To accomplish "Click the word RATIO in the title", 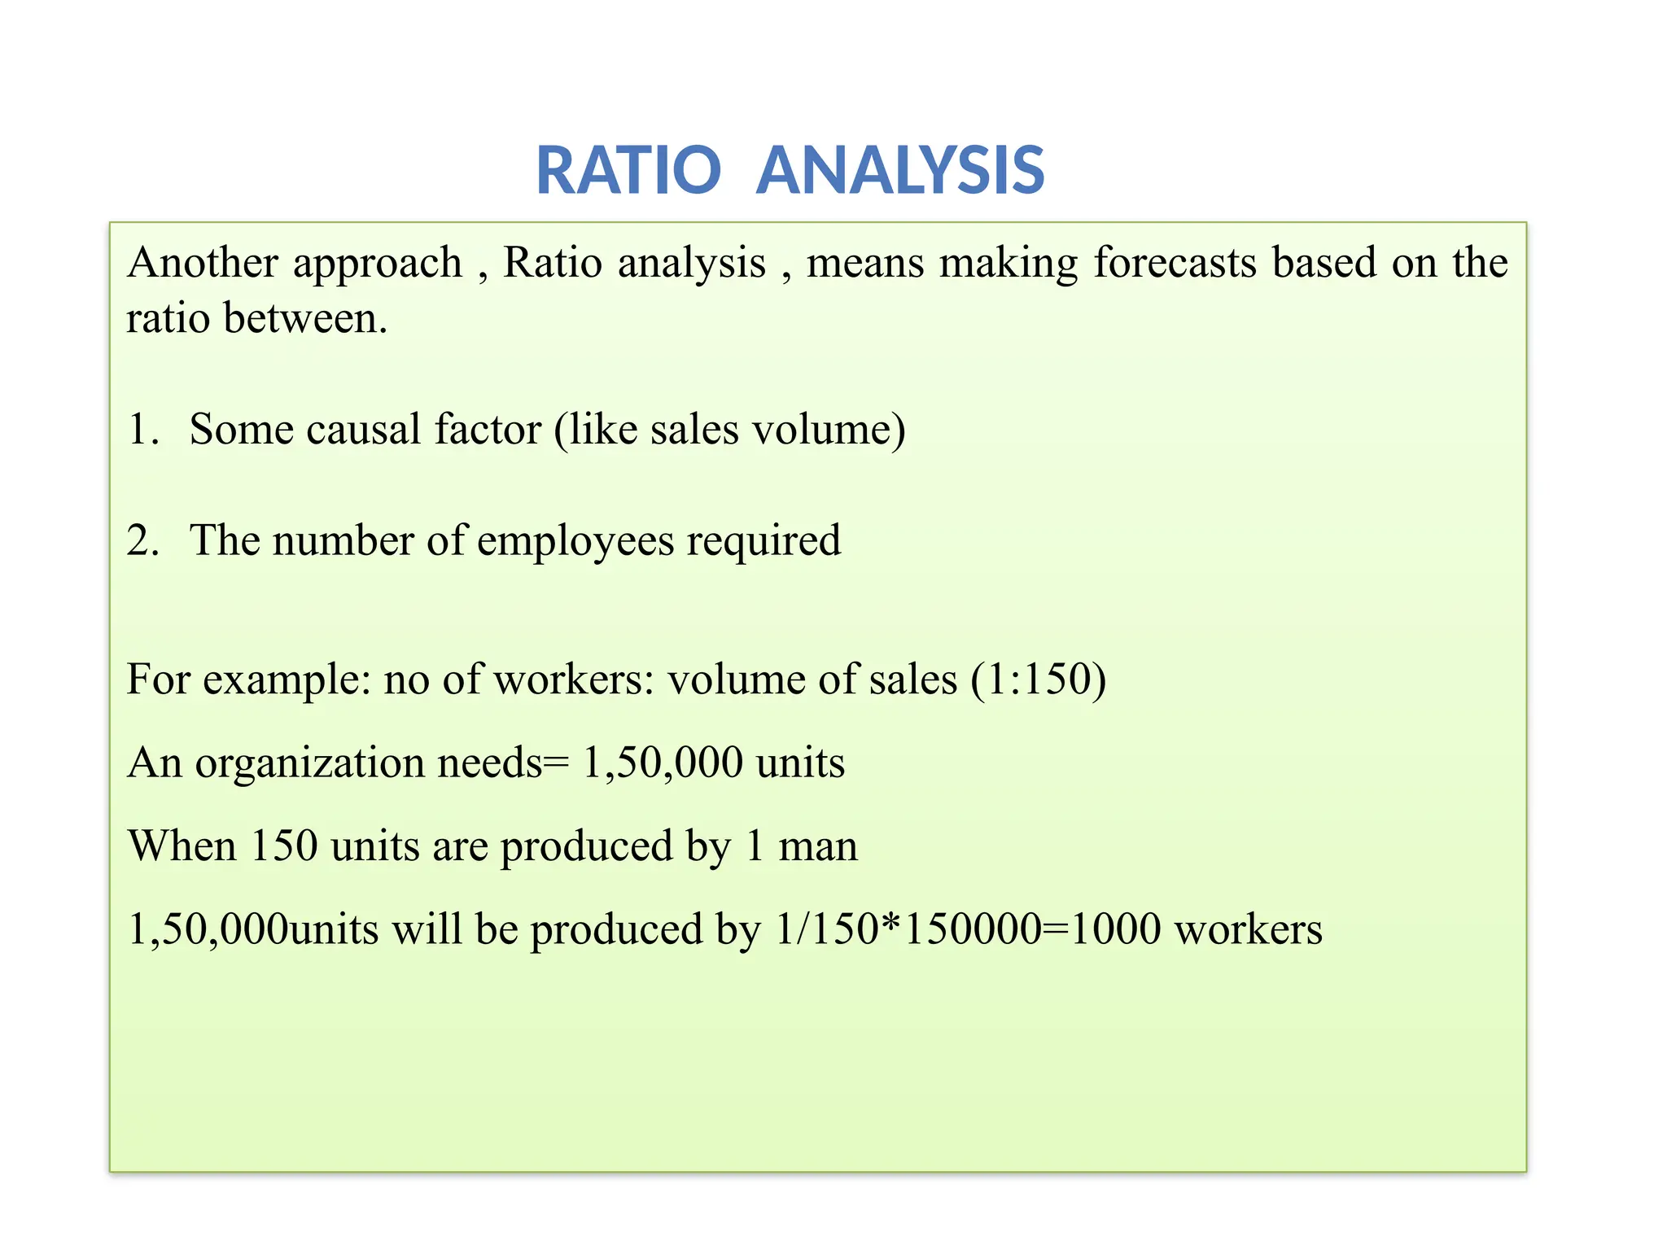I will point(628,171).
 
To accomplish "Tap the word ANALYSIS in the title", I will point(900,171).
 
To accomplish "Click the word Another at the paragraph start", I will point(203,263).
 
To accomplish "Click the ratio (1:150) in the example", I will point(1038,680).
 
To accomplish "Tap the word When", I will point(182,846).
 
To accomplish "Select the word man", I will point(817,846).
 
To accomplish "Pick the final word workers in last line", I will point(1248,929).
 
